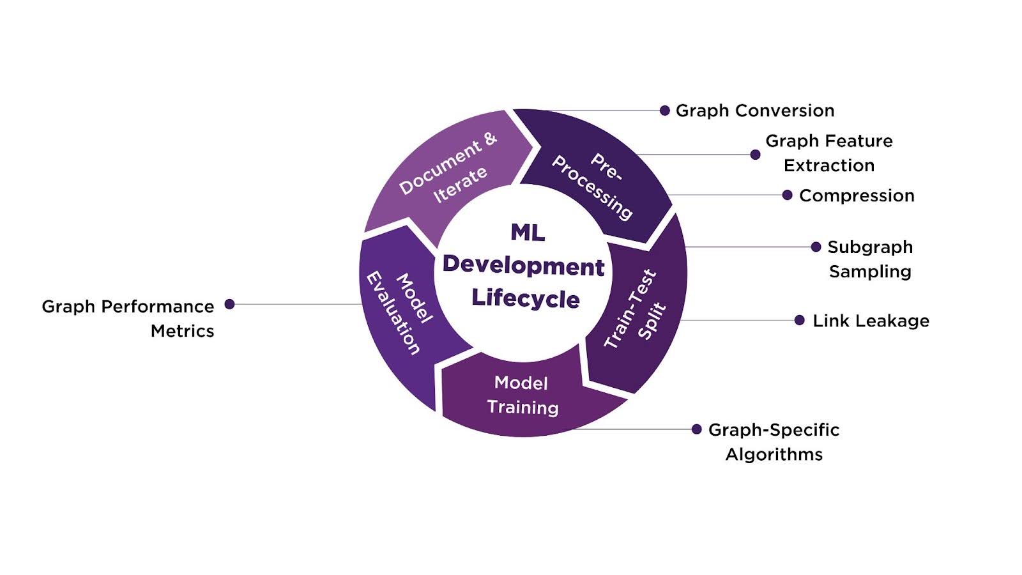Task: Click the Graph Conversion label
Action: (755, 111)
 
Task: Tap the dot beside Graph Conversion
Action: (664, 111)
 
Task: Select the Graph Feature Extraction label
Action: (828, 153)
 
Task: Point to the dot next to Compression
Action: (787, 195)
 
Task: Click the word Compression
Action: (857, 195)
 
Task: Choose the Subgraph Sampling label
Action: (870, 259)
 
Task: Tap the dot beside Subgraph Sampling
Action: (816, 247)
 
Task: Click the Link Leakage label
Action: (871, 321)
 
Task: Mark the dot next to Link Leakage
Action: (799, 320)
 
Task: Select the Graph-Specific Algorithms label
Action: (774, 441)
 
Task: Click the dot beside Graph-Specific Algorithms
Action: (696, 429)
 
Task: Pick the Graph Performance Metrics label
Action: (128, 318)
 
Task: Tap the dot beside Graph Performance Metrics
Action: (229, 304)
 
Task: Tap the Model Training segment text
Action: (522, 395)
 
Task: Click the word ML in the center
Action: (528, 233)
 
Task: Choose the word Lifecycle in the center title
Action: (525, 298)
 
